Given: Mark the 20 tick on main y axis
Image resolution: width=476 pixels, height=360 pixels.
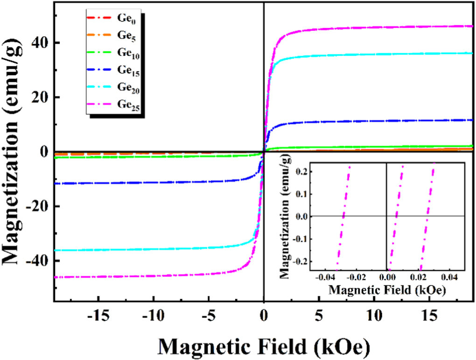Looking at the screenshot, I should (41, 97).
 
